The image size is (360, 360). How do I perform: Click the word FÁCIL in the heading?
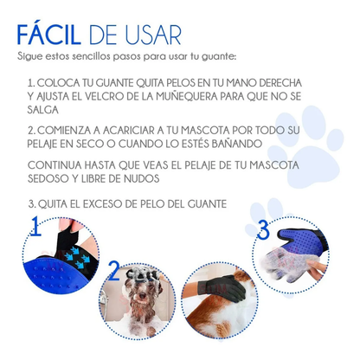click(x=49, y=35)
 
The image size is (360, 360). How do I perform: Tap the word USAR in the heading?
click(x=154, y=35)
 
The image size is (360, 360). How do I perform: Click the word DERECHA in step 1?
click(x=280, y=83)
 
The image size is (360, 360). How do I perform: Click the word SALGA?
click(x=43, y=110)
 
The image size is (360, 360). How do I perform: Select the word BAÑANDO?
click(x=237, y=144)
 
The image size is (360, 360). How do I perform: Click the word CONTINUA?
click(x=55, y=165)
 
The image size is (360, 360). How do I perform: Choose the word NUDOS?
click(x=142, y=179)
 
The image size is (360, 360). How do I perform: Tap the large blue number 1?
click(x=35, y=226)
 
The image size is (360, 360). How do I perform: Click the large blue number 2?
click(x=114, y=271)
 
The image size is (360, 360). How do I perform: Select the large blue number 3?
click(x=263, y=230)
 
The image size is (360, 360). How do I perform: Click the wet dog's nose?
click(x=142, y=296)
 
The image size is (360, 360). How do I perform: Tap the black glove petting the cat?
click(x=222, y=287)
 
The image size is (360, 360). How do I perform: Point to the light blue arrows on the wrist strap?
click(x=78, y=256)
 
